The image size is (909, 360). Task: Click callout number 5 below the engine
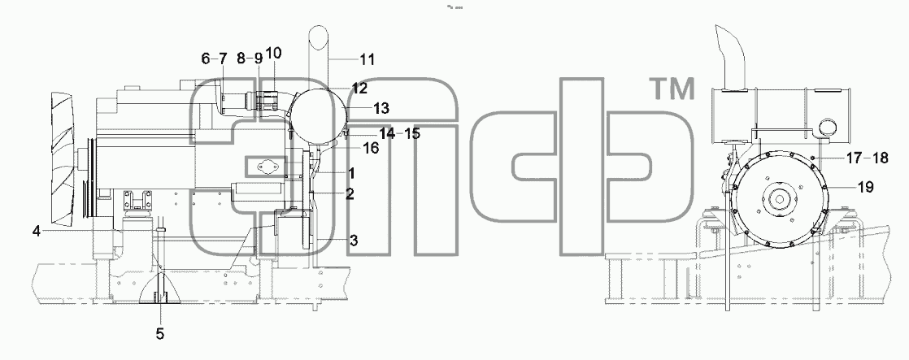pyautogui.click(x=160, y=334)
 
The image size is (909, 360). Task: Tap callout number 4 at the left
pyautogui.click(x=36, y=232)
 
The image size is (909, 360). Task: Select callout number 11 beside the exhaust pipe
pyautogui.click(x=367, y=59)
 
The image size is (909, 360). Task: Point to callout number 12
pyautogui.click(x=359, y=89)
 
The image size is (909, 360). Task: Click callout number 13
pyautogui.click(x=381, y=108)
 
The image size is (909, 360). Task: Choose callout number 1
pyautogui.click(x=351, y=173)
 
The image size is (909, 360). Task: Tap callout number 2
pyautogui.click(x=350, y=194)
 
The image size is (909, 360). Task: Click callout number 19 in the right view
pyautogui.click(x=865, y=187)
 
